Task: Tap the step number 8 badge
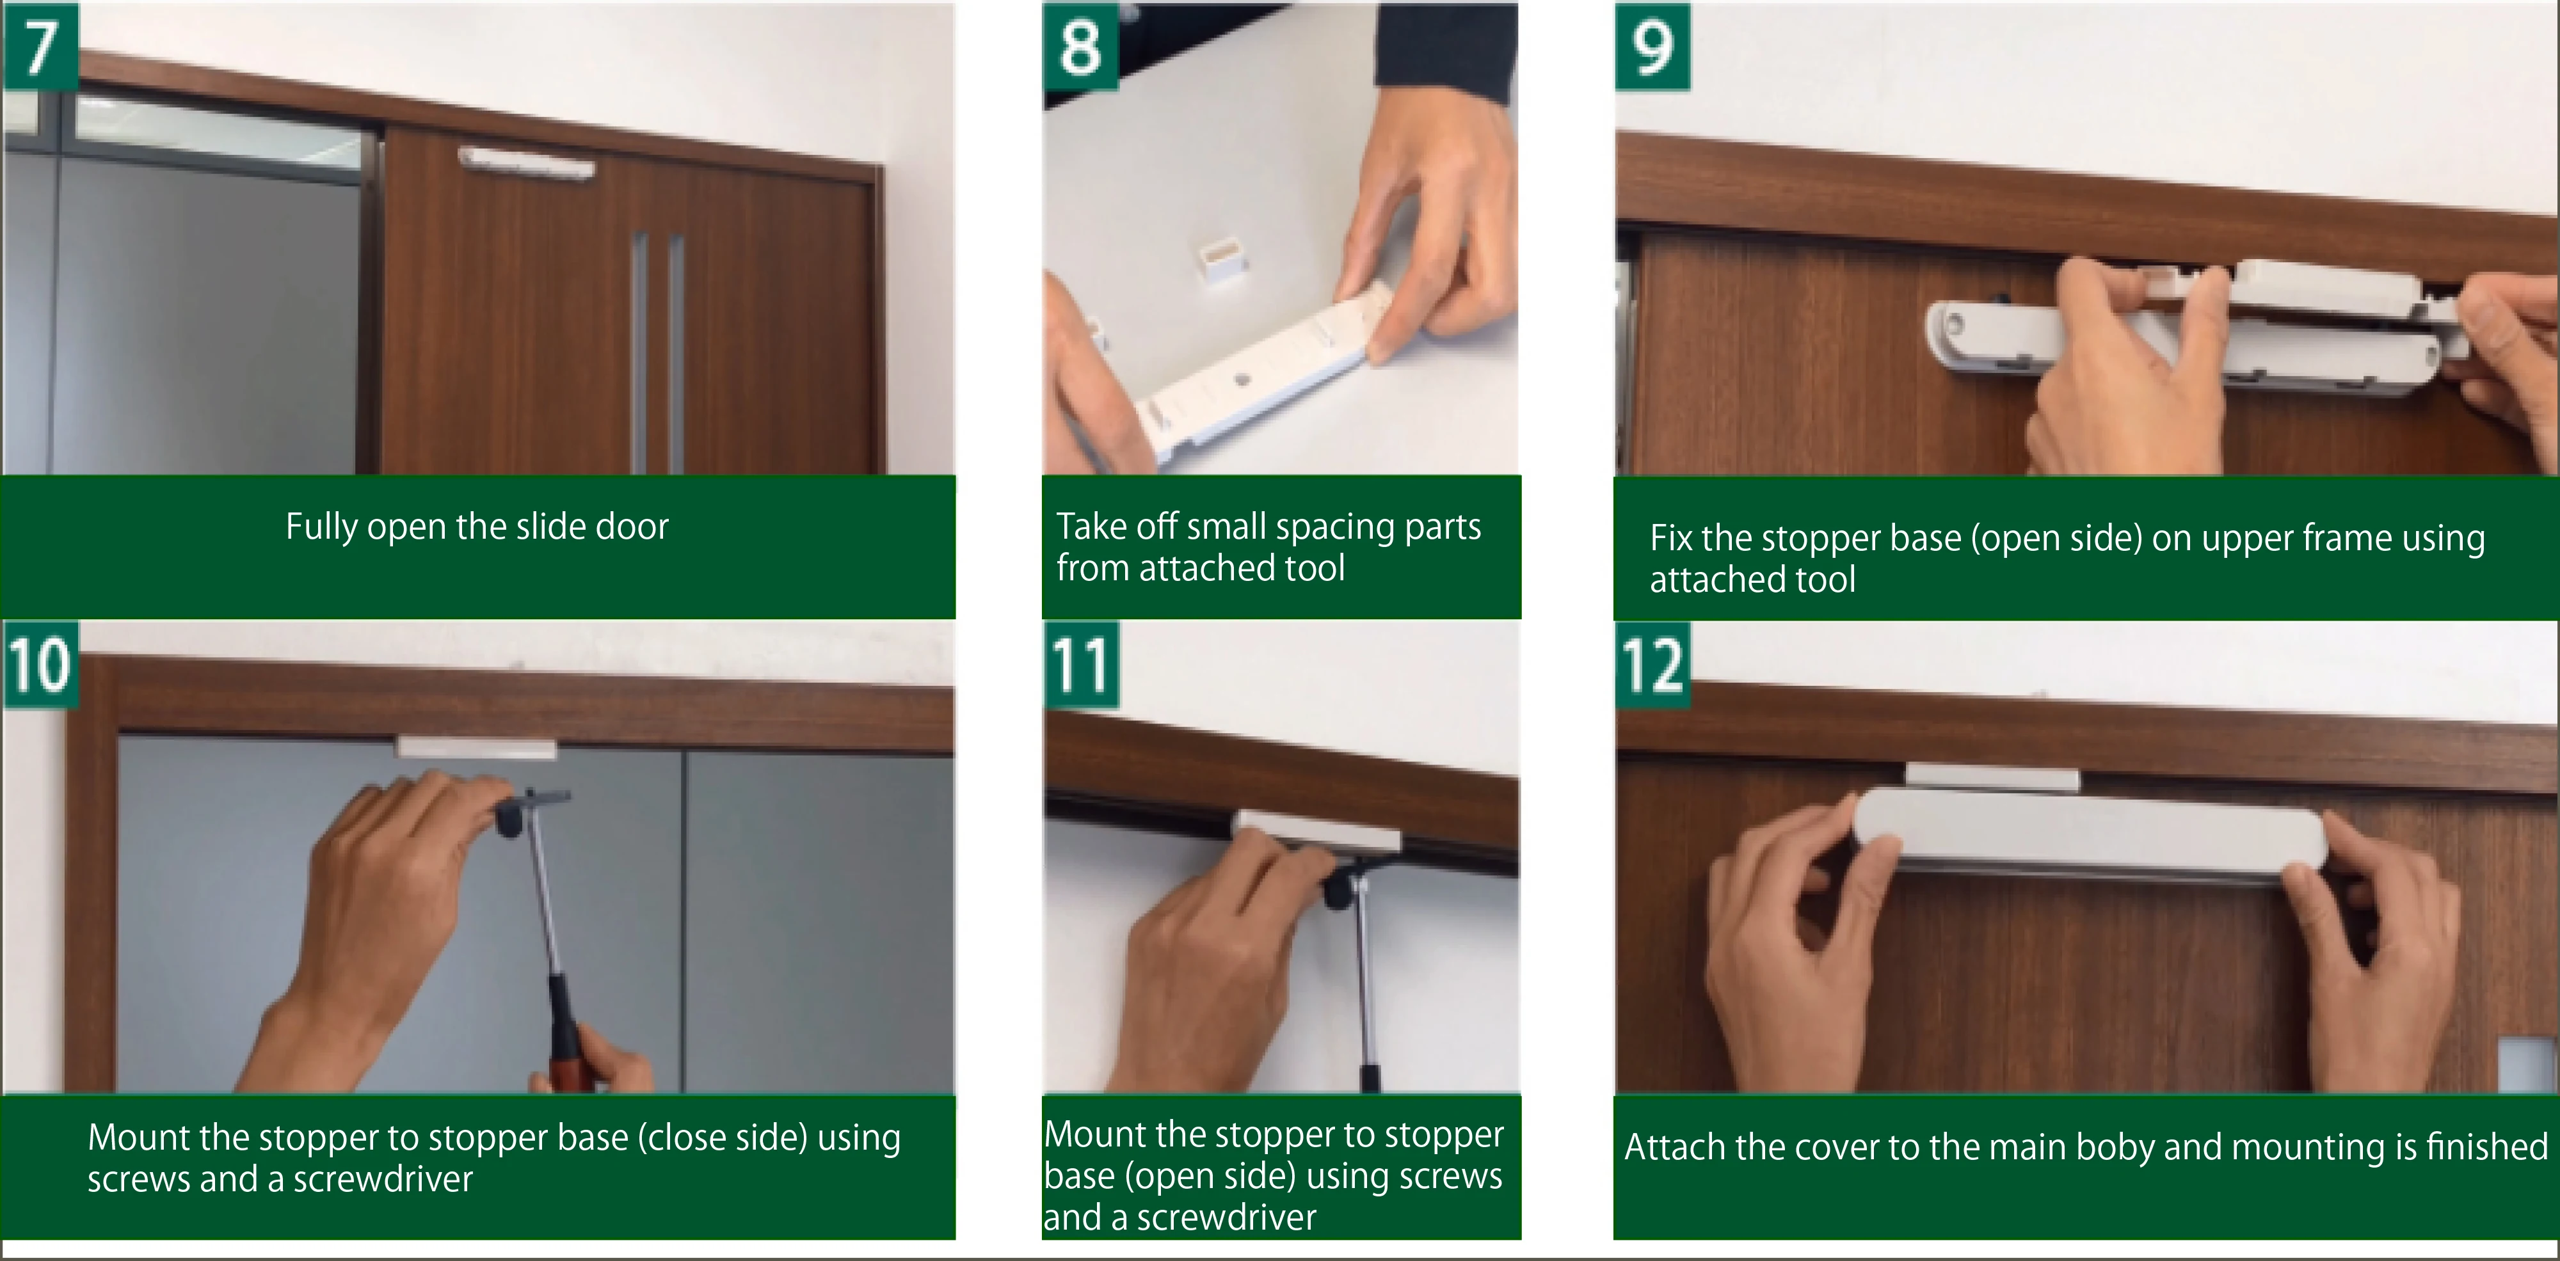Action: click(1080, 47)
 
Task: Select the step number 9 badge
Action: click(1652, 47)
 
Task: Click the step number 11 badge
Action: click(1080, 664)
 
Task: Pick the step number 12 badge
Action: click(1652, 664)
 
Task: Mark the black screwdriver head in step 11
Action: click(1341, 887)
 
